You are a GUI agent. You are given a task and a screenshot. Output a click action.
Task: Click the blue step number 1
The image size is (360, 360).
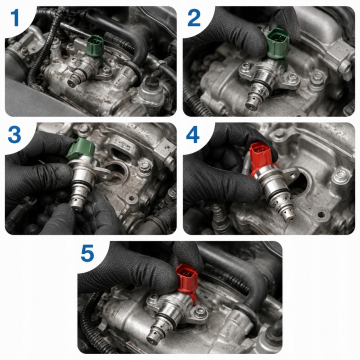coord(15,17)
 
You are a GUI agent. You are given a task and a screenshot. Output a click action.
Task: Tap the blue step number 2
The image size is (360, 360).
coord(194,17)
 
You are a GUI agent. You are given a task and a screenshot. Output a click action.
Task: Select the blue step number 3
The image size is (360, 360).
coord(14,134)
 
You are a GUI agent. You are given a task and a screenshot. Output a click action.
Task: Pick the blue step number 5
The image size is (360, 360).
coord(87,253)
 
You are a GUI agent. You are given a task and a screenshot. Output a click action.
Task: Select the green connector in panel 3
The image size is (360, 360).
coord(81,148)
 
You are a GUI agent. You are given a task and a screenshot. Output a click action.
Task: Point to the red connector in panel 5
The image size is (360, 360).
coord(187,278)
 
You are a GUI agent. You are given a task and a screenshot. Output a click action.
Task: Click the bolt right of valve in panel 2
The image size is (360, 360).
coord(292,78)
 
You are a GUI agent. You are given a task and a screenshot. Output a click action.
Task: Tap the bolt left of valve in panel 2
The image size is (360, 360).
coord(245,67)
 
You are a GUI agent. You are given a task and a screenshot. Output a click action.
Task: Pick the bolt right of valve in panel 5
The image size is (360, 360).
coord(200,312)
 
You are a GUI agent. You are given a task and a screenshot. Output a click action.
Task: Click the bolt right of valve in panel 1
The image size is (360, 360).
coord(106,71)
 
